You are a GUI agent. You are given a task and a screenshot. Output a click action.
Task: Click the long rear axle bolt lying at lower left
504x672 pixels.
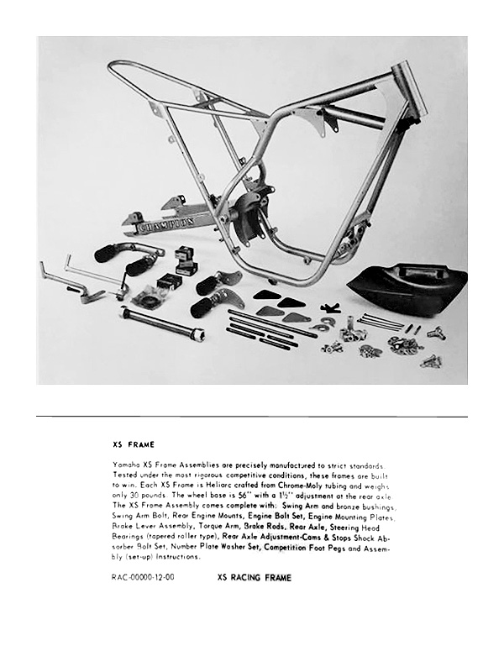click(x=163, y=323)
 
